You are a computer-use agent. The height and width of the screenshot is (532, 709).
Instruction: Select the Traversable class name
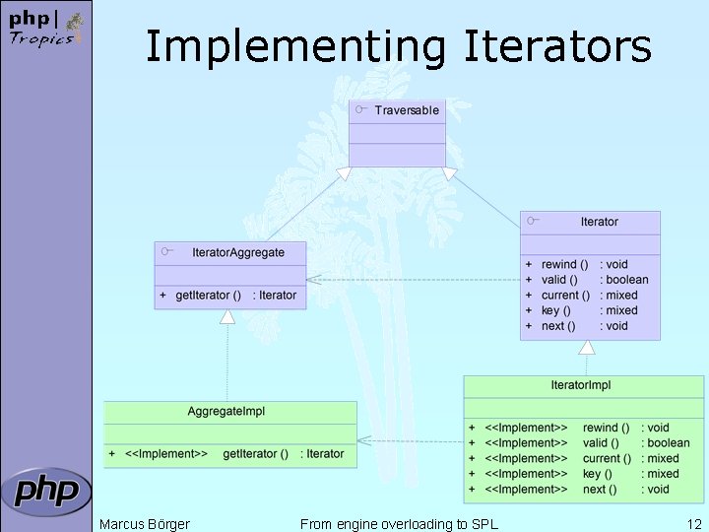pyautogui.click(x=407, y=110)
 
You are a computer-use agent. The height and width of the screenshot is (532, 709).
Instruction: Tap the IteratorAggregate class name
pyautogui.click(x=238, y=252)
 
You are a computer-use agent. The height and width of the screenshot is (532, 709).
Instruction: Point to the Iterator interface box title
pyautogui.click(x=599, y=222)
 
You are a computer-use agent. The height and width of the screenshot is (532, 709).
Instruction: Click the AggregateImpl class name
pyautogui.click(x=226, y=411)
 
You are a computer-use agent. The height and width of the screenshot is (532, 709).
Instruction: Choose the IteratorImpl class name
pyautogui.click(x=581, y=384)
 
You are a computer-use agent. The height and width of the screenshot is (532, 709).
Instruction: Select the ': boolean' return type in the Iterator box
pyautogui.click(x=624, y=280)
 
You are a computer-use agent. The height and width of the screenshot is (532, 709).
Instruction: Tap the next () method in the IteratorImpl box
pyautogui.click(x=600, y=489)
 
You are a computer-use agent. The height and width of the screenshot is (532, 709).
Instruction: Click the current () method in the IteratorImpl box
pyautogui.click(x=607, y=458)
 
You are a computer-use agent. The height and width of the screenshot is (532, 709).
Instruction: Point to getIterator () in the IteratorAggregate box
pyautogui.click(x=208, y=296)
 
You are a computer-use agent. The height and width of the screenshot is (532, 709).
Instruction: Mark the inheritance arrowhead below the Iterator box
pyautogui.click(x=587, y=347)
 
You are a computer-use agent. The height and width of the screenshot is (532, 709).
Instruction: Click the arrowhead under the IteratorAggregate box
pyautogui.click(x=227, y=316)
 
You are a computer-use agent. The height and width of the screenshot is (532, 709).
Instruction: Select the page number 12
pyautogui.click(x=694, y=524)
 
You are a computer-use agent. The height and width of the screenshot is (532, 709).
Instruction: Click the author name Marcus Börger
pyautogui.click(x=145, y=524)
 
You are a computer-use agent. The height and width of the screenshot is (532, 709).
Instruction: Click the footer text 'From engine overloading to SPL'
pyautogui.click(x=399, y=524)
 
